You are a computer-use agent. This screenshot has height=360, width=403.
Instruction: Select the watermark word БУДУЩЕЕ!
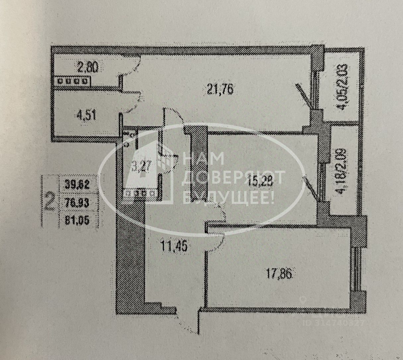(229, 199)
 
